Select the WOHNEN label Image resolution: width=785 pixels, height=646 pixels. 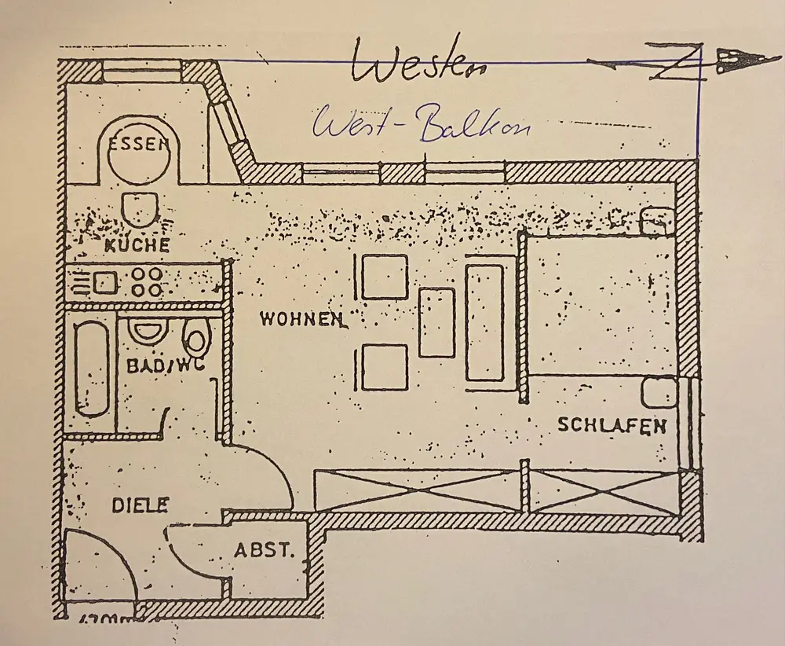click(301, 319)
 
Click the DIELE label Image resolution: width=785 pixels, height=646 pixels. click(140, 505)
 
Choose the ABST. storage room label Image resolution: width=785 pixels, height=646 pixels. click(265, 550)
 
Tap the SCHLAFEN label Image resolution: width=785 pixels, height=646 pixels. click(612, 426)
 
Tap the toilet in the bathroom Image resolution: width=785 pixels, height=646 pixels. click(196, 340)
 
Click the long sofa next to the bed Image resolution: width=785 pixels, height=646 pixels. click(484, 322)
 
